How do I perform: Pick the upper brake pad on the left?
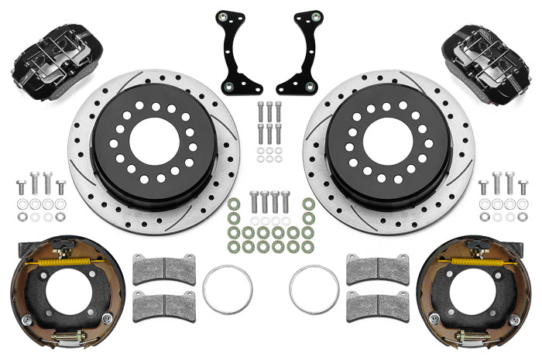tap(164, 269)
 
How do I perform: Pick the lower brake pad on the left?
tap(164, 306)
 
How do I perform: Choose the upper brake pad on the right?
tap(377, 269)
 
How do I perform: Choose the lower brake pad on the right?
tap(377, 306)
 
